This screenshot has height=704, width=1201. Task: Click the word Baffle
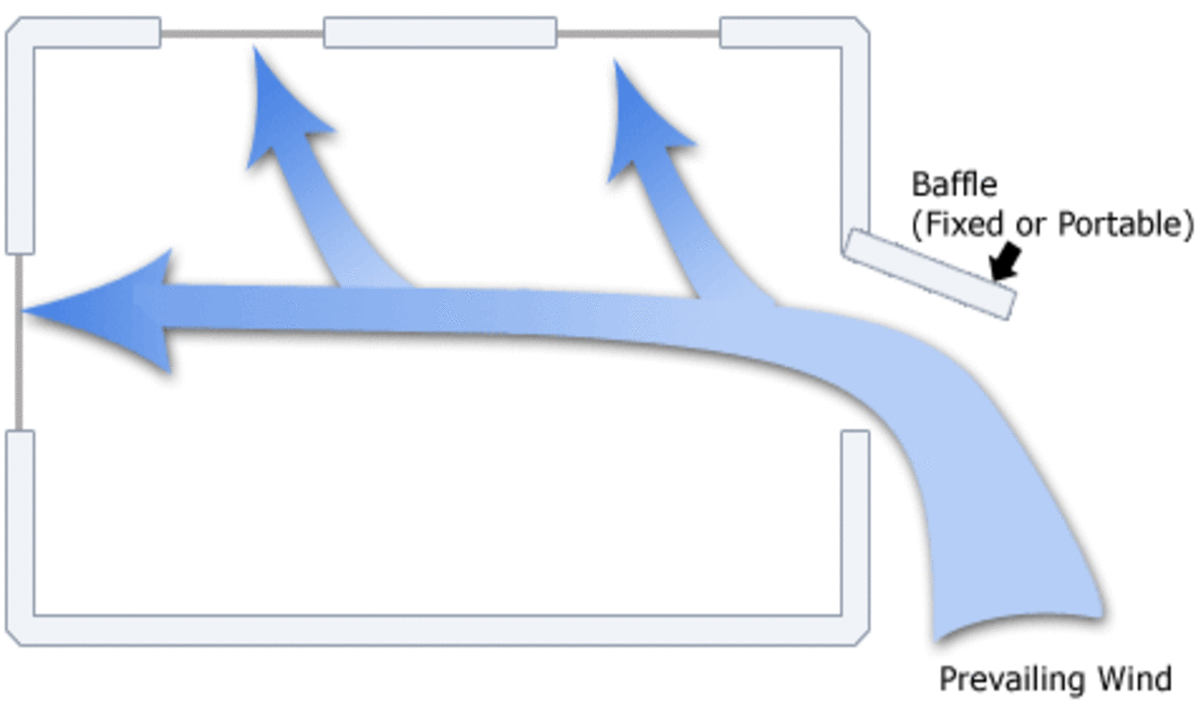[955, 184]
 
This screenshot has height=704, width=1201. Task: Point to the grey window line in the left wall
[18, 343]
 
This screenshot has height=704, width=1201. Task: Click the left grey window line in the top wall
[242, 34]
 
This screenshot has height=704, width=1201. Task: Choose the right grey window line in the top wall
[638, 34]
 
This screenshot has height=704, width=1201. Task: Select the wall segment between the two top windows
[440, 33]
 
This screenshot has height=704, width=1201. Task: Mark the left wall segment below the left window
[20, 526]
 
